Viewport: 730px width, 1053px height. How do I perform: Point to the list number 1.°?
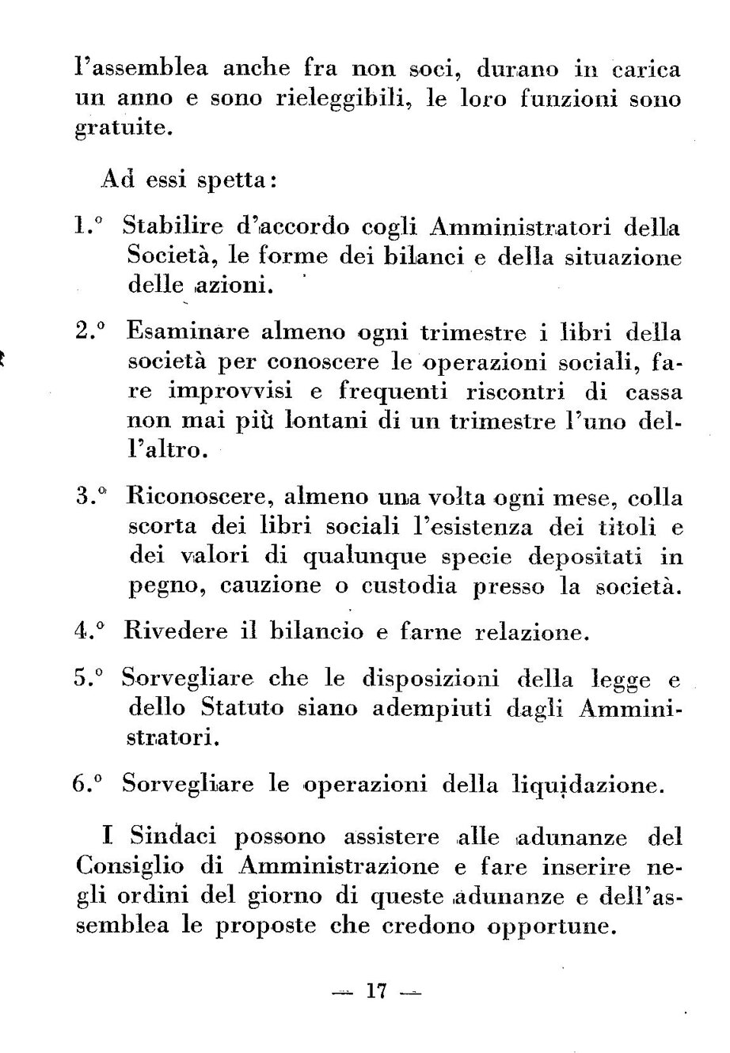pos(89,228)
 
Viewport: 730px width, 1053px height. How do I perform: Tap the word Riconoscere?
pos(200,498)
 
